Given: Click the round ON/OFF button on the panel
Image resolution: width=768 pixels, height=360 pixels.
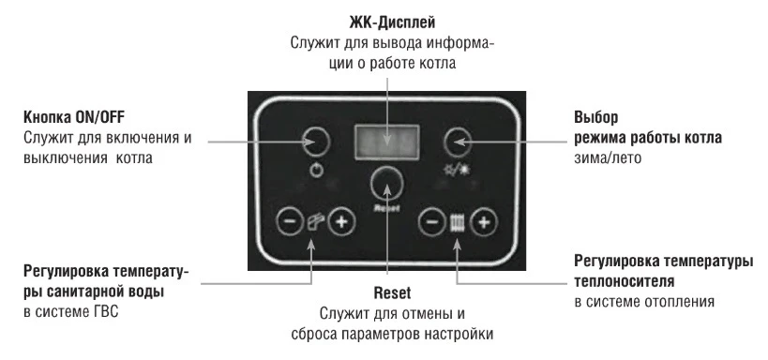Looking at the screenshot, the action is (x=316, y=141).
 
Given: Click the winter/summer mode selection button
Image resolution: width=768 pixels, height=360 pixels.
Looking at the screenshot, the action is (x=458, y=142).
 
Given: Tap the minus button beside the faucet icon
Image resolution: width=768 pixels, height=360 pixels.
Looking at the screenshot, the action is (x=290, y=221).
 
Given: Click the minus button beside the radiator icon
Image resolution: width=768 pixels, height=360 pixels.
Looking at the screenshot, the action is (x=432, y=222).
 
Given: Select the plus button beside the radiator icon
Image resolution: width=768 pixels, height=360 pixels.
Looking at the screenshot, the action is (x=484, y=222).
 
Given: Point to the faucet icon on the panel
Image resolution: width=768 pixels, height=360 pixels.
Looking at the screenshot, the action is (x=314, y=222).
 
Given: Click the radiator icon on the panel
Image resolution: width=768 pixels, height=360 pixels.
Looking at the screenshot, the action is (x=457, y=223).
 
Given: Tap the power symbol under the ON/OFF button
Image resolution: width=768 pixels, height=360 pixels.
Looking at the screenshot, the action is (x=317, y=171).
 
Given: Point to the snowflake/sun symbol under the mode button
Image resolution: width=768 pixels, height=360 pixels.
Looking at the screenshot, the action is (x=457, y=171).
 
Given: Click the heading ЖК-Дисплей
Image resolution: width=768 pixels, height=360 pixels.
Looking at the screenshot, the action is (x=392, y=22).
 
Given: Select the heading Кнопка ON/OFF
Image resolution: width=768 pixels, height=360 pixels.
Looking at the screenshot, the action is (x=74, y=117).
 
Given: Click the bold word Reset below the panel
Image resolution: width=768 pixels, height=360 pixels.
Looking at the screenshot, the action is (x=392, y=292).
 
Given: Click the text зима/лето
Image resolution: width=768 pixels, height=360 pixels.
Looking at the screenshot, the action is (x=608, y=158).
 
